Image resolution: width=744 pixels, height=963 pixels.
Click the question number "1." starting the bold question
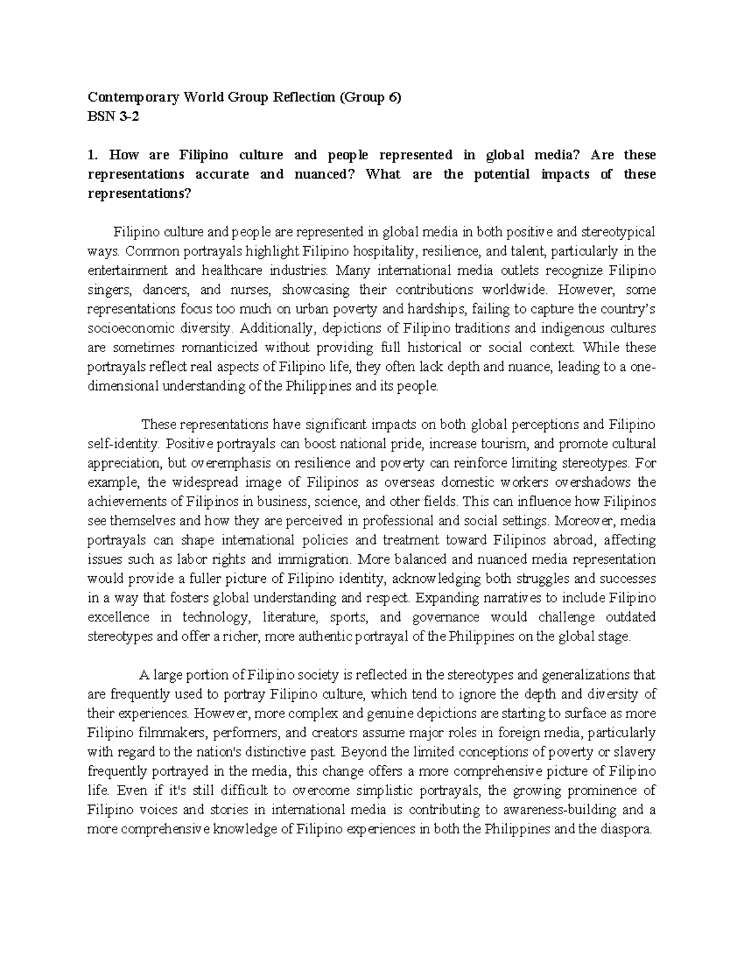[93, 155]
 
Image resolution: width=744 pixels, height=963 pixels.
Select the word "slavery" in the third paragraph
[635, 752]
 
